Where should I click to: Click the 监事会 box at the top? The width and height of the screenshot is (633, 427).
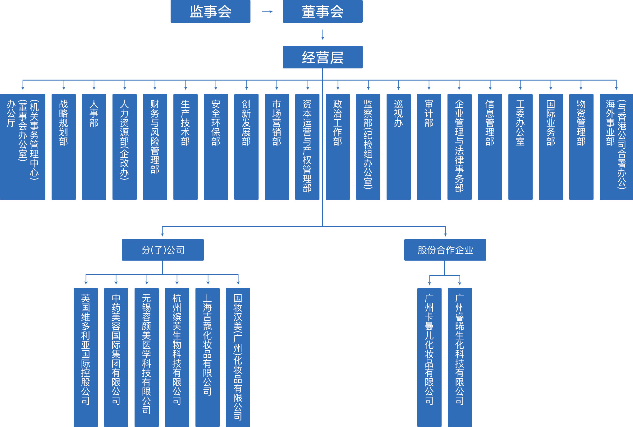(210, 12)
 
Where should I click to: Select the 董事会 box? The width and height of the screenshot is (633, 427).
(323, 12)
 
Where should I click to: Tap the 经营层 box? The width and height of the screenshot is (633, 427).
(323, 57)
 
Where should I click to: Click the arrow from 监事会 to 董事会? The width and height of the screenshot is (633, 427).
(267, 12)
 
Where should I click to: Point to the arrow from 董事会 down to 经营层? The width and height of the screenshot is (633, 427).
(323, 35)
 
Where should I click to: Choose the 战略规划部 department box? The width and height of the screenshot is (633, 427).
(64, 147)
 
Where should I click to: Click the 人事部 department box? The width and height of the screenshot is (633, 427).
(94, 147)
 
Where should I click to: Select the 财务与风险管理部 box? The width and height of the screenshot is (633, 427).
(155, 147)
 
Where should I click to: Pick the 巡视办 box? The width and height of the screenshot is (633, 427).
(399, 147)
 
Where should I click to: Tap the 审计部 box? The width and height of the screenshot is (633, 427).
(429, 147)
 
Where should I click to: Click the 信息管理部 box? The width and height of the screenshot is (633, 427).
(490, 147)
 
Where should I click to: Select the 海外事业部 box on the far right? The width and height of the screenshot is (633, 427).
(616, 147)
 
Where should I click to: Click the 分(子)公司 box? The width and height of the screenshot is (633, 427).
(163, 250)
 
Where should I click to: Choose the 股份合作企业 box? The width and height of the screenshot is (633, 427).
(445, 250)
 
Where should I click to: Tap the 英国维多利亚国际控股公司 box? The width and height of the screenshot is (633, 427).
(86, 357)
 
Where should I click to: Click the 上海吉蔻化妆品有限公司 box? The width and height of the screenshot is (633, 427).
(208, 357)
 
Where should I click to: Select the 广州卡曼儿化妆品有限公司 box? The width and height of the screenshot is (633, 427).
(429, 357)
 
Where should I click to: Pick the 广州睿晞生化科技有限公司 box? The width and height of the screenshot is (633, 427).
(460, 357)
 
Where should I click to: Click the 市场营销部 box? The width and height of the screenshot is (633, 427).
(277, 147)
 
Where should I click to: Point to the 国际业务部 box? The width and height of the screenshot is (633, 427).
(551, 147)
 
